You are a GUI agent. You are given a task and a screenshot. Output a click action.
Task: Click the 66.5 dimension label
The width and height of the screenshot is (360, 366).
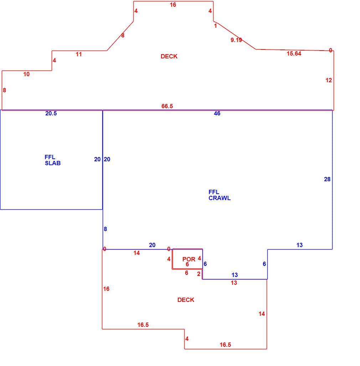[x=167, y=106]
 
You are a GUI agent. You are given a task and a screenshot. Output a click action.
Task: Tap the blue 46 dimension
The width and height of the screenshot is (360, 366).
[x=217, y=114]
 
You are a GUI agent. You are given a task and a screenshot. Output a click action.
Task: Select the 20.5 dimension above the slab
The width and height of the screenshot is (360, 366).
[x=51, y=114]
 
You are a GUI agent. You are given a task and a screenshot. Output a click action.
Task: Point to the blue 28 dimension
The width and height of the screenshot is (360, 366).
[x=327, y=179]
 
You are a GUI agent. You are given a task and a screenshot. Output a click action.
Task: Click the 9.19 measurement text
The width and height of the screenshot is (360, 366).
[x=236, y=40]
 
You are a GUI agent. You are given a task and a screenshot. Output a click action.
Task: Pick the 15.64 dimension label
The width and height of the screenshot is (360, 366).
[x=294, y=54]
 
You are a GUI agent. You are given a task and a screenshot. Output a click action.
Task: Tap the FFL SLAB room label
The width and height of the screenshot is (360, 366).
[x=52, y=160]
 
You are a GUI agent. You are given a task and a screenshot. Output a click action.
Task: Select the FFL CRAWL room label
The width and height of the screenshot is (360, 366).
[x=219, y=195]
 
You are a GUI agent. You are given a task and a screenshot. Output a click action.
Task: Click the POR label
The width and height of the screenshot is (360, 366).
[x=189, y=259]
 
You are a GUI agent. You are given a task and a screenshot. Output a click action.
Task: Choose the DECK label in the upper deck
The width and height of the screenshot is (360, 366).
[x=169, y=57]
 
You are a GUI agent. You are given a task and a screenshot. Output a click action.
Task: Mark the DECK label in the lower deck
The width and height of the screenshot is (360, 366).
[x=186, y=300]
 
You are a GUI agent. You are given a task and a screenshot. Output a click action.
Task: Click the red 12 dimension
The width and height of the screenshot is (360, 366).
[x=329, y=80]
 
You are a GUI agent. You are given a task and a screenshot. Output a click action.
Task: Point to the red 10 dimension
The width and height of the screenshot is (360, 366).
[x=26, y=74]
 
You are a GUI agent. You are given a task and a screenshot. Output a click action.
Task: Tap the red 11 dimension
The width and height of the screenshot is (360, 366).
[x=79, y=54]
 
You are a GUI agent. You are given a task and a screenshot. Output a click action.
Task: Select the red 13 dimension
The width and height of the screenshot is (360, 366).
[x=234, y=283]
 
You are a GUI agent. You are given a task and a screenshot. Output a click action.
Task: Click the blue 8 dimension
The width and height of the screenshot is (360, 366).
[x=106, y=229]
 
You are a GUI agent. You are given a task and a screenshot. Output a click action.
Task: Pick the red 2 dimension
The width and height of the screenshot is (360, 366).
[x=199, y=274]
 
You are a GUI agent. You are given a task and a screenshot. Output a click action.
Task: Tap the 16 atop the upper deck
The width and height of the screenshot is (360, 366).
[x=173, y=5]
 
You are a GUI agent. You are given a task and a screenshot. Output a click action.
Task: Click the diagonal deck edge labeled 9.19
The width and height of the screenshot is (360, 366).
[x=235, y=35]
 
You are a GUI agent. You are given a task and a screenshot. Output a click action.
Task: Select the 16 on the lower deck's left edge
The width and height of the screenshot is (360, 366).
[x=106, y=289]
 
